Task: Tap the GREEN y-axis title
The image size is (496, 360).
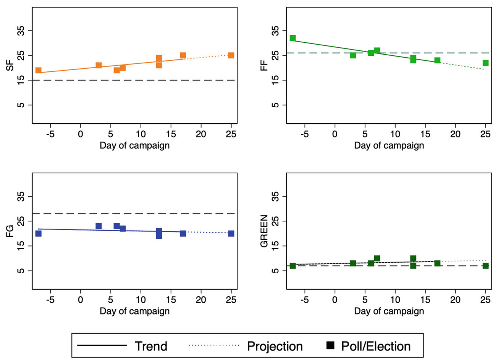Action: pos(264,231)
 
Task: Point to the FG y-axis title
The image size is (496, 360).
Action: pos(10,231)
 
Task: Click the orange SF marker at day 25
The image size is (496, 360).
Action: pos(231,55)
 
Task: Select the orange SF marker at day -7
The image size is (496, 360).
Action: pos(38,70)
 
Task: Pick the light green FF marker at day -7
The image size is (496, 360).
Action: pos(292,38)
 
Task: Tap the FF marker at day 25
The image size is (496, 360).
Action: pos(485,63)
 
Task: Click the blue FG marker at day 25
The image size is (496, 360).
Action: pos(231,234)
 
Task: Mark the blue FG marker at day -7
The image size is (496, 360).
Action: pos(38,234)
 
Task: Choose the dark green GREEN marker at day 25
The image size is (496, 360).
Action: pos(485,266)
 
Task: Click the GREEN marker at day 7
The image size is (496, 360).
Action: pos(377,258)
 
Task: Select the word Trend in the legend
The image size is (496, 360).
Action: pos(151,346)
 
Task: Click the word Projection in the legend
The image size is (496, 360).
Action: pos(275,346)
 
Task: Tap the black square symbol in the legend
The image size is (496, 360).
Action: pos(330,346)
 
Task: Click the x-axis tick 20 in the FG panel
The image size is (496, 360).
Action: pos(201,300)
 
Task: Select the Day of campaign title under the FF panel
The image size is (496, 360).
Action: pos(389,145)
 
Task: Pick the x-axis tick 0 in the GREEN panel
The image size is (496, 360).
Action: pos(335,300)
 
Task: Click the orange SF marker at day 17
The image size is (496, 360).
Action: pos(183,56)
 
